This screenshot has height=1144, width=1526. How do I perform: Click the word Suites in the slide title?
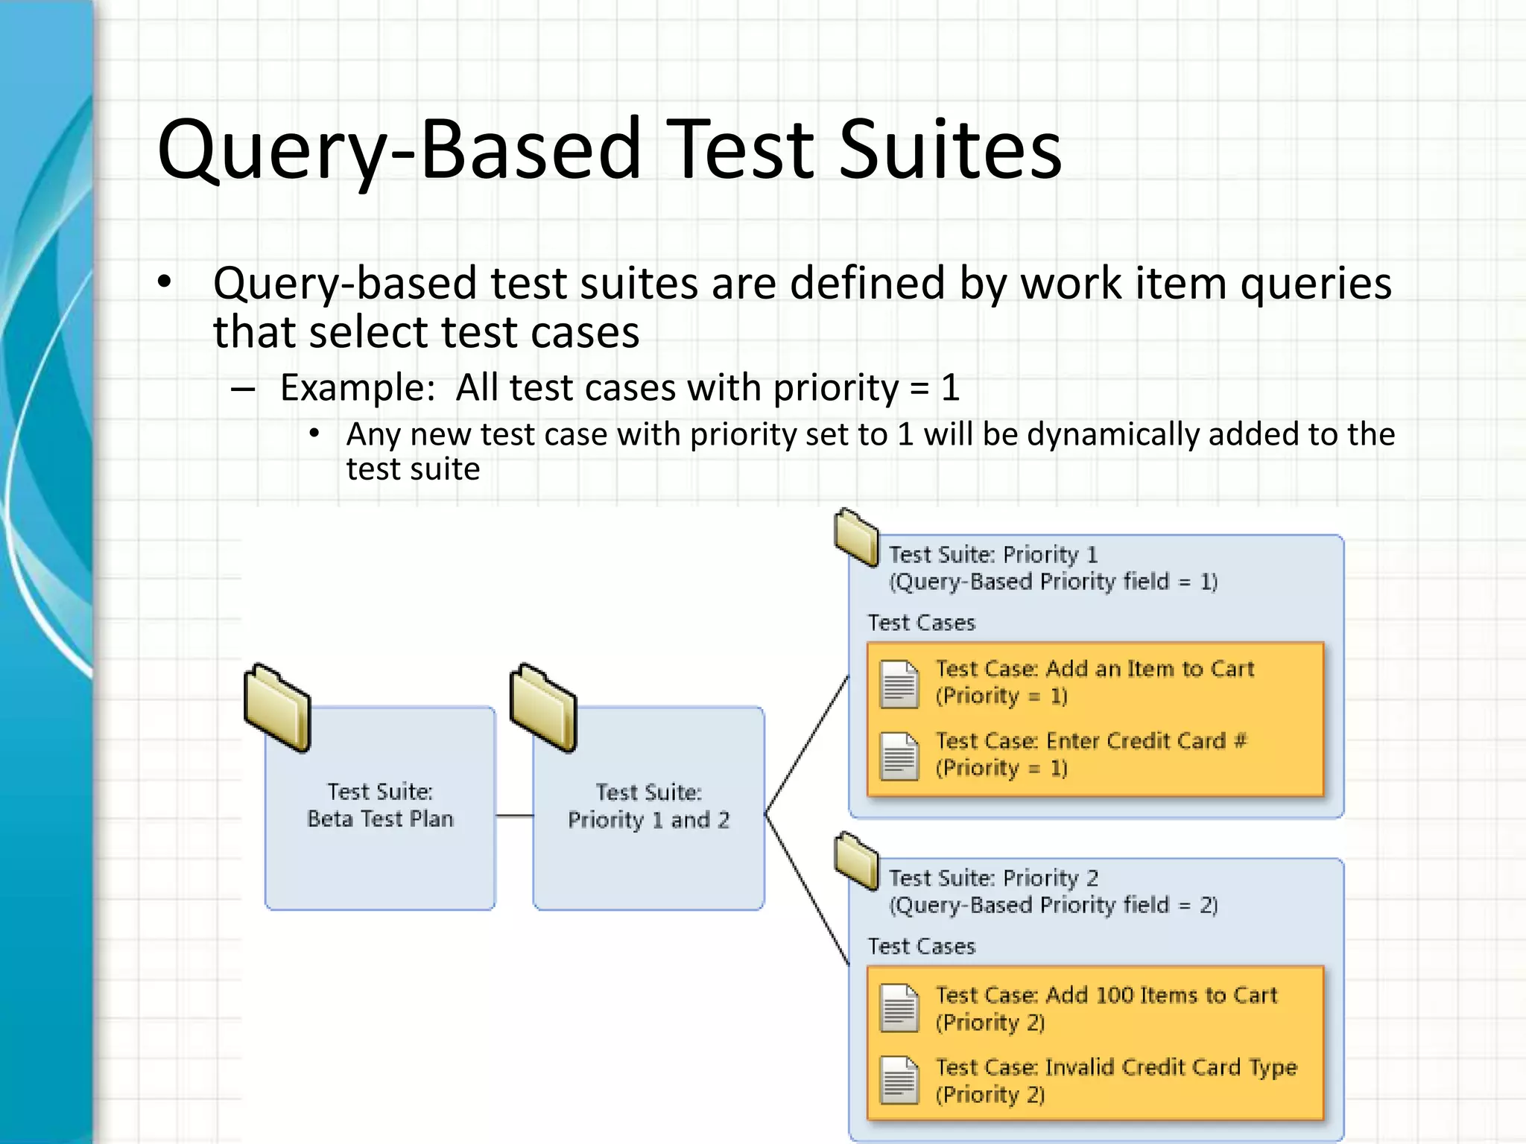950,151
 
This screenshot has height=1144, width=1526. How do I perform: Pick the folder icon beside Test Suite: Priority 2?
856,860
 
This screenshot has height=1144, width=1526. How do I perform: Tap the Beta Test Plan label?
380,819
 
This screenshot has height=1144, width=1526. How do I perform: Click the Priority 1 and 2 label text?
648,820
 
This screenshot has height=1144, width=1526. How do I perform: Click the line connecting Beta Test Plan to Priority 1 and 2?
514,816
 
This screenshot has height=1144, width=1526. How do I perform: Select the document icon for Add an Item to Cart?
899,684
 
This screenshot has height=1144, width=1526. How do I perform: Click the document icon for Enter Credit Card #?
899,755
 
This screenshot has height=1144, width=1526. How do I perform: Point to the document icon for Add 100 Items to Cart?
899,1008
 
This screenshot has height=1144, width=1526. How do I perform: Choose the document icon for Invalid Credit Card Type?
899,1080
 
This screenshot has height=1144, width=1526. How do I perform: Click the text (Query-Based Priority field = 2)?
1053,905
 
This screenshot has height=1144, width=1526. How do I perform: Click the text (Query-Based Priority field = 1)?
1053,582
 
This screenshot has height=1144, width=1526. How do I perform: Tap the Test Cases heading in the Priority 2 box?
921,947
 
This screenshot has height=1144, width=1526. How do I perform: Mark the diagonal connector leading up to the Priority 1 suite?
808,745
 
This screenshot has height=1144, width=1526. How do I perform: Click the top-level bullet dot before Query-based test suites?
165,283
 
